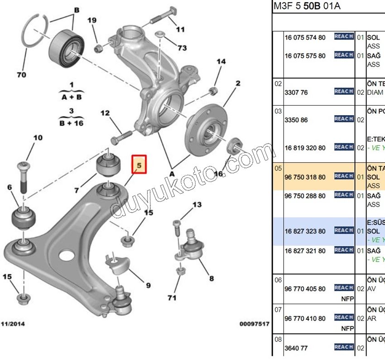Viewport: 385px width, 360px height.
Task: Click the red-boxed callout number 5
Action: click(x=140, y=166)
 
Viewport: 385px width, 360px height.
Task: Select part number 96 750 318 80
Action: click(x=305, y=177)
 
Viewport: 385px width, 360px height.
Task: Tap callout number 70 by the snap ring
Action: click(x=21, y=75)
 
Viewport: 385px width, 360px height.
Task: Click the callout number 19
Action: click(x=92, y=20)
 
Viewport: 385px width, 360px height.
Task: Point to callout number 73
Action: click(x=182, y=48)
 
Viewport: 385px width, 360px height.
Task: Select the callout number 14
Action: click(x=221, y=62)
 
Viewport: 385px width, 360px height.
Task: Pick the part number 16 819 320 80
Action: click(x=305, y=148)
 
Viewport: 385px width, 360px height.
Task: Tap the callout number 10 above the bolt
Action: click(x=38, y=138)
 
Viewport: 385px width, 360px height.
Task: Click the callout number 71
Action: click(x=171, y=298)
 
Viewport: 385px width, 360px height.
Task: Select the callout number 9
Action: click(x=148, y=285)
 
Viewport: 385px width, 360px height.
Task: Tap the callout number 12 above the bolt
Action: click(x=105, y=113)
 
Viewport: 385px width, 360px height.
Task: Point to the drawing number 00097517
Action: click(x=255, y=324)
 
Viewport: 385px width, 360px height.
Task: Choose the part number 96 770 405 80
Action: click(x=305, y=289)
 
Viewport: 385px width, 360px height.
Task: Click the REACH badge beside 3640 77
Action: click(x=344, y=347)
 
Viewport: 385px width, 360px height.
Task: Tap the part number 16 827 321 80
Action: click(x=305, y=251)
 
